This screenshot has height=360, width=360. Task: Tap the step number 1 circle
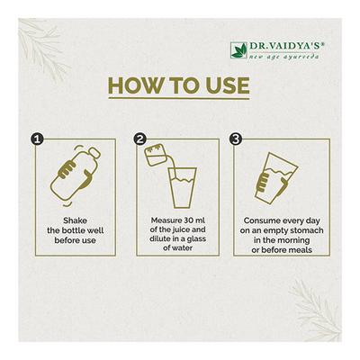point(37,139)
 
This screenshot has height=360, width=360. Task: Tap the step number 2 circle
point(139,139)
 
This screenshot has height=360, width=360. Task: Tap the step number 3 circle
point(238,139)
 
